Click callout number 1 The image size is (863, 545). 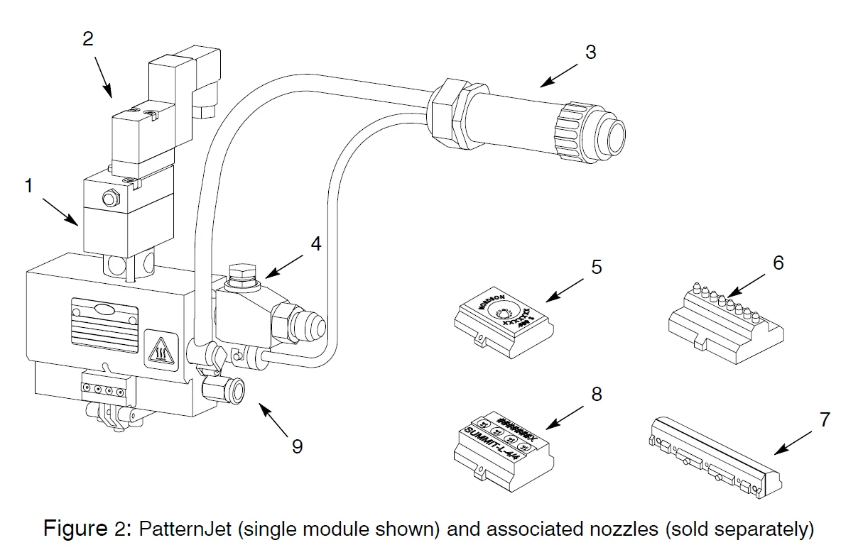click(x=28, y=186)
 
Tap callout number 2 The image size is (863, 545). click(x=87, y=38)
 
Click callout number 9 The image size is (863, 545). click(x=297, y=446)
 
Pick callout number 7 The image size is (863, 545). click(x=823, y=419)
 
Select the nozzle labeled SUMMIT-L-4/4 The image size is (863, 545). click(x=500, y=446)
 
